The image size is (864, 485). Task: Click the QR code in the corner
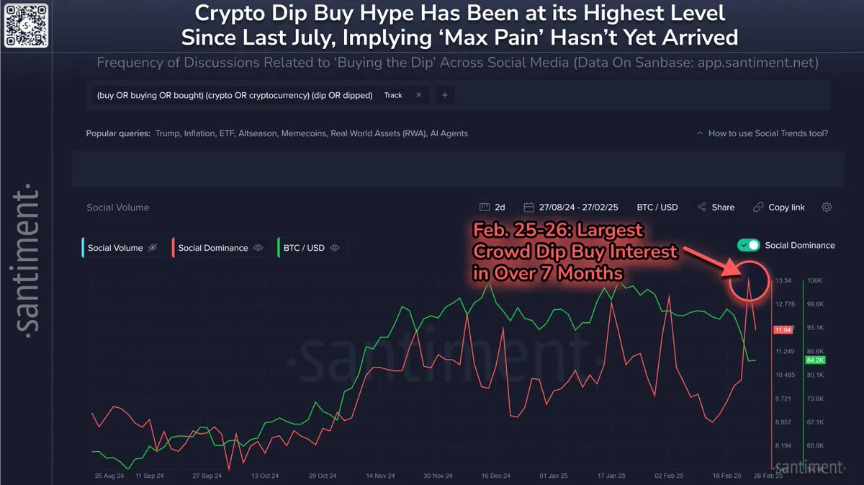27,27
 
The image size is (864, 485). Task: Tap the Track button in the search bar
393,95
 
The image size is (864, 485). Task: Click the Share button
716,207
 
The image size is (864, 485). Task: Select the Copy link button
779,207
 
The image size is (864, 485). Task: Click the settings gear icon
827,207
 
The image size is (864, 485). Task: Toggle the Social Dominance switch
749,245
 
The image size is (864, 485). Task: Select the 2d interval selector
493,207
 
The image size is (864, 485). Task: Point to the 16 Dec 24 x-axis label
496,476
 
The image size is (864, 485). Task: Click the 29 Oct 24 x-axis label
323,476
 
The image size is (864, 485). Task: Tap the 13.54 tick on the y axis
783,280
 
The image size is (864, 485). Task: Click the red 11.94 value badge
783,330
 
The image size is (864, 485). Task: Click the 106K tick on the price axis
814,280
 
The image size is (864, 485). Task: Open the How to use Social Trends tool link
768,133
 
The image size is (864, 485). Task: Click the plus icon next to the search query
444,95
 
